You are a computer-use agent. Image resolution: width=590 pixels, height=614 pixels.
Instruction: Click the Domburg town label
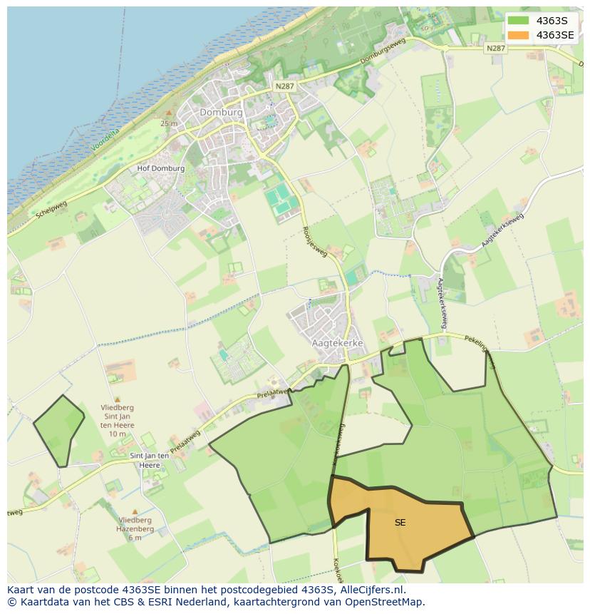coord(221,113)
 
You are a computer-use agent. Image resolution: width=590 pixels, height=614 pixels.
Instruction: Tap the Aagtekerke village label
coord(338,343)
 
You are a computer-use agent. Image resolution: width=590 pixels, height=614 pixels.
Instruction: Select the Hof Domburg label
coord(160,169)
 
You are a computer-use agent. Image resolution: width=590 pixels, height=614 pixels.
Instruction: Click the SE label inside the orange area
coord(400,523)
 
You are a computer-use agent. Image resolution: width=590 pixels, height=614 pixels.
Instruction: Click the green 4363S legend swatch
coord(518,20)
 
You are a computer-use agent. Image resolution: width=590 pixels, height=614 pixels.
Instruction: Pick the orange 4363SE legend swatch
coord(518,35)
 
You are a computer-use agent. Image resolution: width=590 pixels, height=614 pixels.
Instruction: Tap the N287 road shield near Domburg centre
coord(284,86)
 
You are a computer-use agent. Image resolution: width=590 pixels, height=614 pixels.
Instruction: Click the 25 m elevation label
coord(169,123)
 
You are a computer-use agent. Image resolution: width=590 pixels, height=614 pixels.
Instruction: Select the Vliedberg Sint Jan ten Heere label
coord(118,421)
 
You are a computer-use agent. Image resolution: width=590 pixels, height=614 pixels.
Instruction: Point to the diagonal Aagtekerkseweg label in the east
coord(502,230)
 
